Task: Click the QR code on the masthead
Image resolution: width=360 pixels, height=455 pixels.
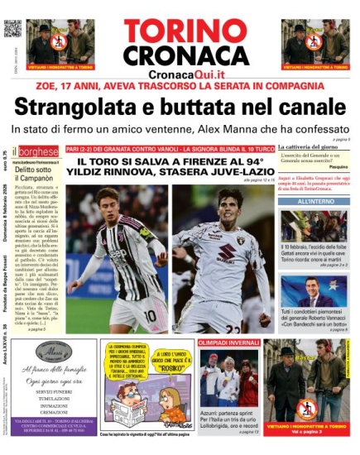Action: pos(11,27)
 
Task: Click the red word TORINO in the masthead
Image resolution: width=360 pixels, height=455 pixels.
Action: pos(181,31)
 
